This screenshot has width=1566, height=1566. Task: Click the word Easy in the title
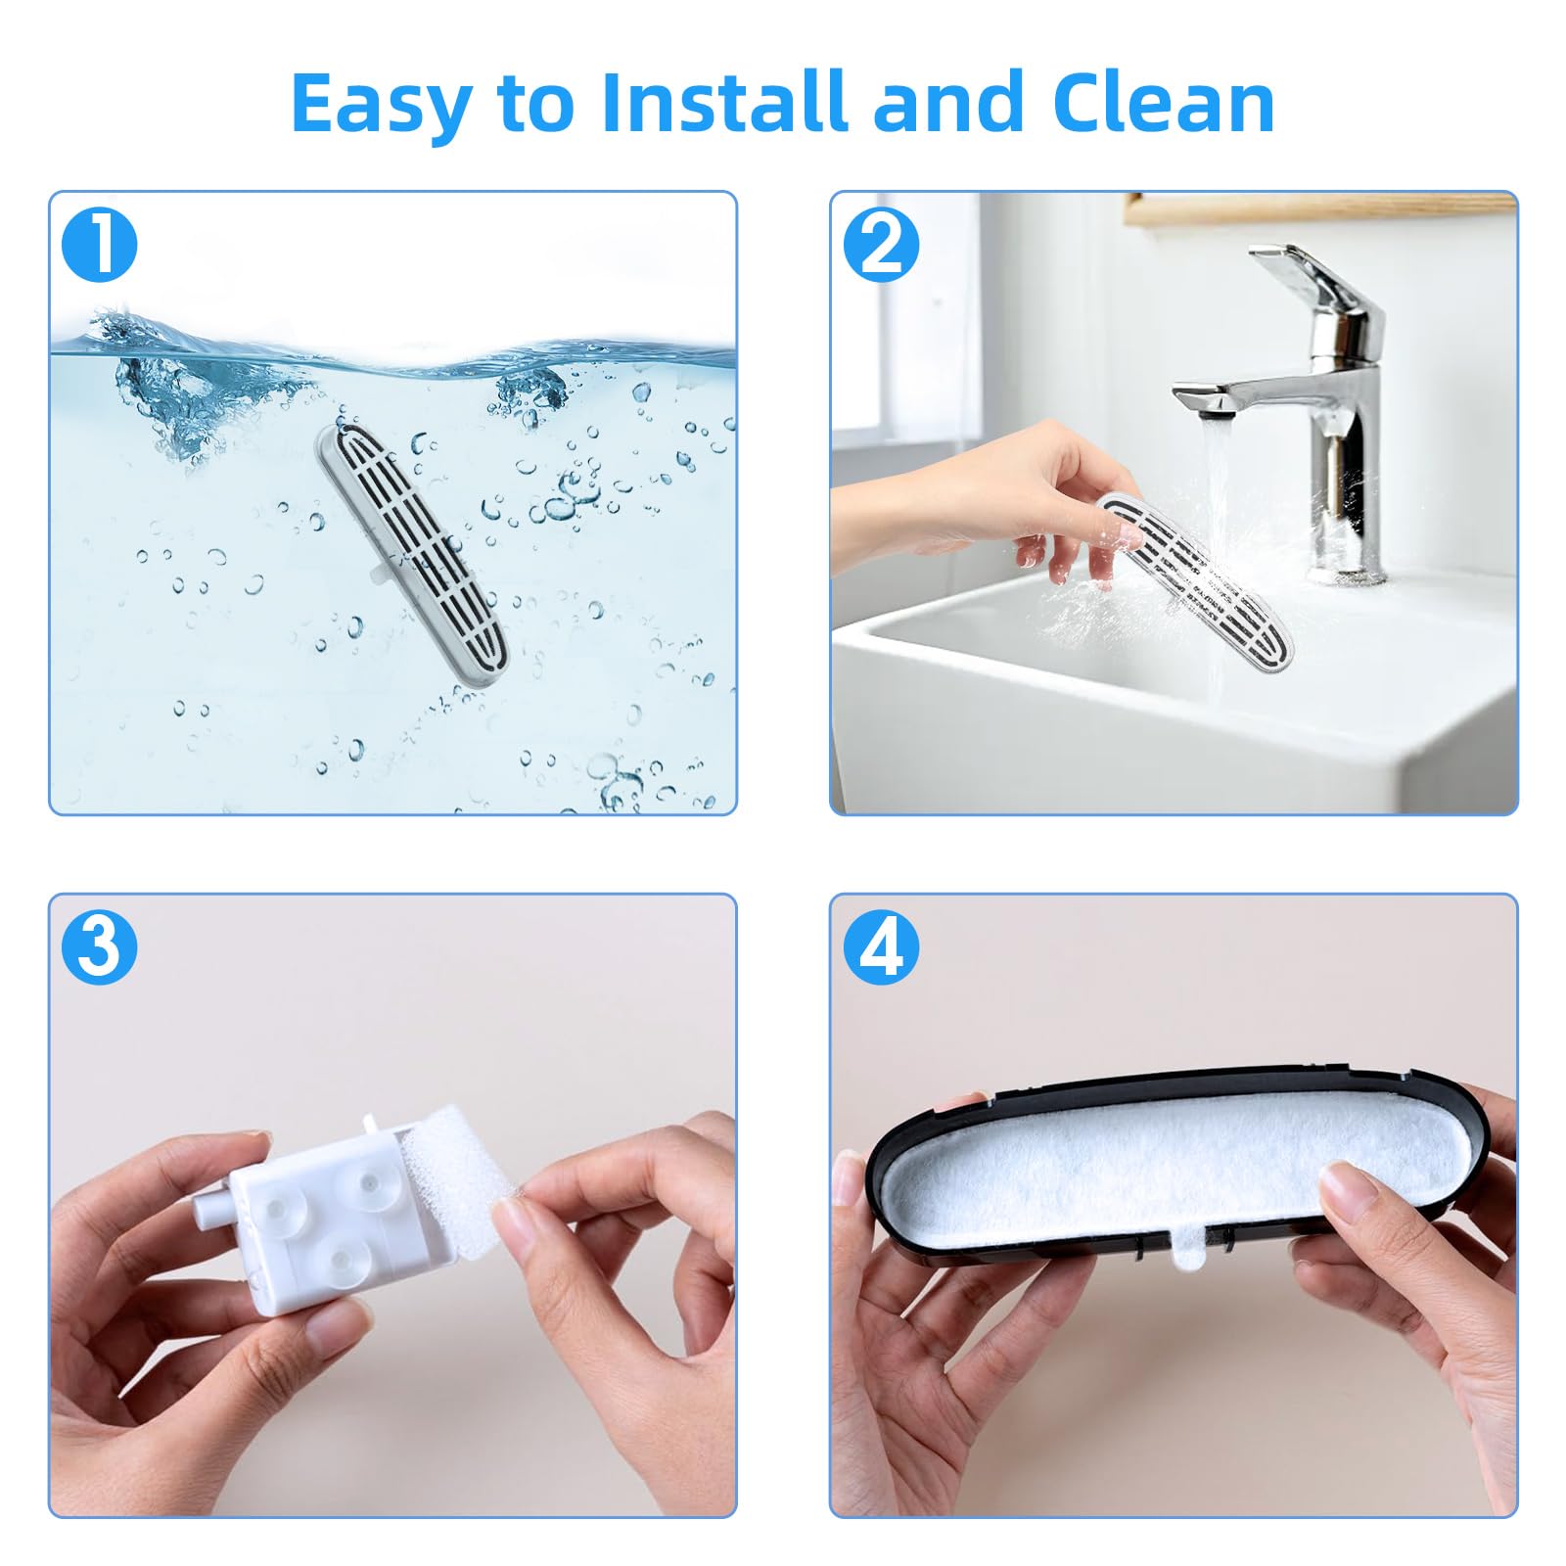coord(381,103)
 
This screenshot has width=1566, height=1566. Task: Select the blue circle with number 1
coord(100,246)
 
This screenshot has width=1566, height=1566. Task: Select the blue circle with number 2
coord(881,246)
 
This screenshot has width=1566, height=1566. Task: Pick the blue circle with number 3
coord(100,947)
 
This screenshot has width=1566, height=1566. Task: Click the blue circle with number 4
coord(881,947)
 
